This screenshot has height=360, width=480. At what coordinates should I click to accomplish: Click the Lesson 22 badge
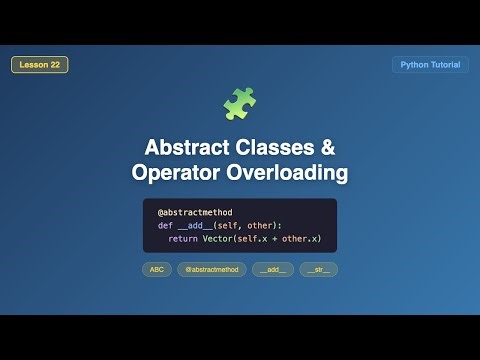pyautogui.click(x=40, y=65)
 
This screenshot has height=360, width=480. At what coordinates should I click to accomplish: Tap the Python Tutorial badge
pyautogui.click(x=430, y=65)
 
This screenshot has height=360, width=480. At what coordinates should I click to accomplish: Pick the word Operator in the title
pyautogui.click(x=174, y=173)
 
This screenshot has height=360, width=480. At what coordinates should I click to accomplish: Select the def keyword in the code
pyautogui.click(x=165, y=226)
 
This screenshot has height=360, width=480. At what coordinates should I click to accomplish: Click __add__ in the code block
pyautogui.click(x=196, y=226)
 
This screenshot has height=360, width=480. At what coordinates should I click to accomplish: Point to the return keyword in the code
pyautogui.click(x=182, y=239)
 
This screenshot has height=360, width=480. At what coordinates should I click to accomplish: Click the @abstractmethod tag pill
pyautogui.click(x=211, y=269)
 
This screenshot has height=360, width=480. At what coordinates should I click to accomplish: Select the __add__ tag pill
pyautogui.click(x=273, y=269)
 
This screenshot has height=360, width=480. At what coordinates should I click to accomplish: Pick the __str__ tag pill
pyautogui.click(x=318, y=269)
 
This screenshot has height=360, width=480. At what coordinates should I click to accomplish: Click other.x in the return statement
pyautogui.click(x=300, y=239)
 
